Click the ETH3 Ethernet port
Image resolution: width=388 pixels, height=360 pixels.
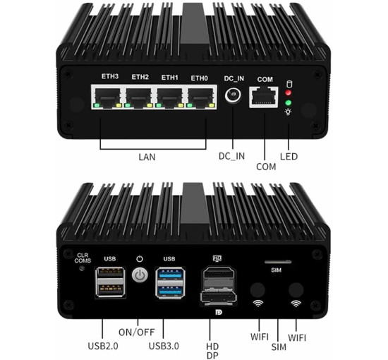tap(108, 99)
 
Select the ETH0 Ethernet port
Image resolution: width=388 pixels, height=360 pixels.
tap(200, 99)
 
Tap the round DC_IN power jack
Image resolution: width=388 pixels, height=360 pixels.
tap(233, 99)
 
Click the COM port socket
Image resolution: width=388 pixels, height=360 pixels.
tap(265, 100)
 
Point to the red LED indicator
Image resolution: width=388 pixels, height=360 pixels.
tap(288, 92)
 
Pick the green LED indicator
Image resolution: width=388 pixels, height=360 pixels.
tap(288, 102)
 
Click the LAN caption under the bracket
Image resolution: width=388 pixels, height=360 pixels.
tap(147, 157)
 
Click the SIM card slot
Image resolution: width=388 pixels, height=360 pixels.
tap(277, 262)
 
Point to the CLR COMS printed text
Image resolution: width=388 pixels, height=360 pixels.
tap(83, 258)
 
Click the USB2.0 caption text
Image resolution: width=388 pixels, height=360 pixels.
tap(103, 345)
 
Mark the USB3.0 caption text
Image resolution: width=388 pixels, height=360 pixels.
tap(163, 345)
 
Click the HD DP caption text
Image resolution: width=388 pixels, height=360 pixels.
tap(211, 350)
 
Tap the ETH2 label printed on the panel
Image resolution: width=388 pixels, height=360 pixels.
tap(140, 77)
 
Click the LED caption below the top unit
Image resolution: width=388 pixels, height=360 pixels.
tap(289, 156)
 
